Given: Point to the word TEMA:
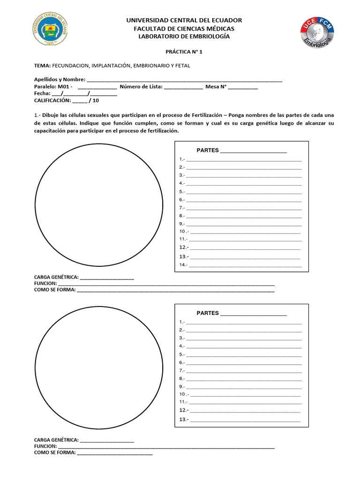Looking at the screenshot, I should (42, 66).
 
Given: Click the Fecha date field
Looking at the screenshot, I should (84, 94).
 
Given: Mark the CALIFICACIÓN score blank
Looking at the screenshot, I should (80, 101).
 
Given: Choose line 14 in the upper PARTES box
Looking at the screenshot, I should (244, 265).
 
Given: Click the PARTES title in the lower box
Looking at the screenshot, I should (208, 313).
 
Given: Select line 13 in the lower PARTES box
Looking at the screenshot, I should (244, 420).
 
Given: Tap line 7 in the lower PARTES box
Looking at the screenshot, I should (244, 370).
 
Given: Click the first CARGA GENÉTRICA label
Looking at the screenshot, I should (56, 277).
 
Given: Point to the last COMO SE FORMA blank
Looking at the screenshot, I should (115, 453).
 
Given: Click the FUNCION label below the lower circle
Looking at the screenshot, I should (45, 447).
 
